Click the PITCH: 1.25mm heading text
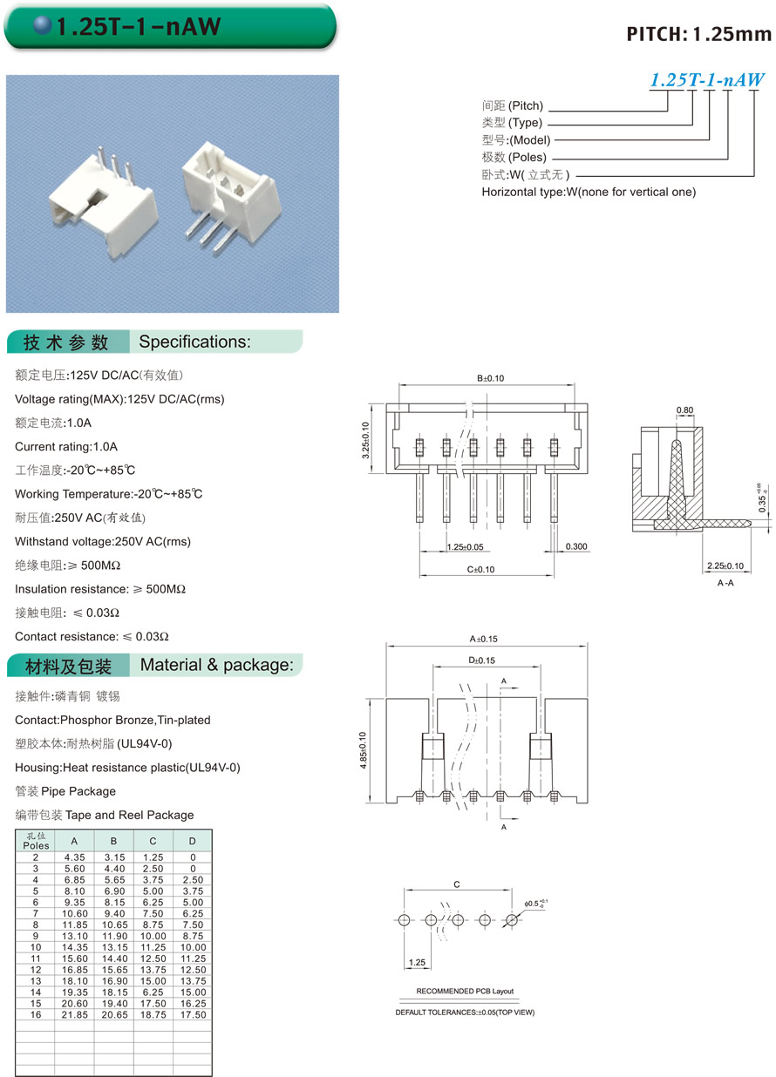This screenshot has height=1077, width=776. tap(699, 34)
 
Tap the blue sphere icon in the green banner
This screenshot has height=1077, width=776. tap(43, 26)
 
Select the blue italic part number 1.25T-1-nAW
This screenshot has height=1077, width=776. tap(707, 80)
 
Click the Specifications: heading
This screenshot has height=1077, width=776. tap(194, 342)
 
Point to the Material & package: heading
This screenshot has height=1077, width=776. tap(215, 666)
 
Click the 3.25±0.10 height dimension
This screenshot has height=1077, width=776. tap(367, 441)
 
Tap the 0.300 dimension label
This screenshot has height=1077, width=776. tap(576, 546)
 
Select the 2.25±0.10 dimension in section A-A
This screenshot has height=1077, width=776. tap(725, 566)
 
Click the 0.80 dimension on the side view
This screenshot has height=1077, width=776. tap(684, 410)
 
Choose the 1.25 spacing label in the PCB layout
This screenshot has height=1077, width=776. tap(415, 963)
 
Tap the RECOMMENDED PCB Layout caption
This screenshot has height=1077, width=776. tap(465, 992)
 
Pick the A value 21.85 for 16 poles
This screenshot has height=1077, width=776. tap(74, 1015)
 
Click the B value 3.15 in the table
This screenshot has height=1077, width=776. tap(113, 857)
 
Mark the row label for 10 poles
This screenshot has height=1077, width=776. tap(36, 947)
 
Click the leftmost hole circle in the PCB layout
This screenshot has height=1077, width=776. tap(403, 920)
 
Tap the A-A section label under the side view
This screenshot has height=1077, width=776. tap(725, 583)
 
